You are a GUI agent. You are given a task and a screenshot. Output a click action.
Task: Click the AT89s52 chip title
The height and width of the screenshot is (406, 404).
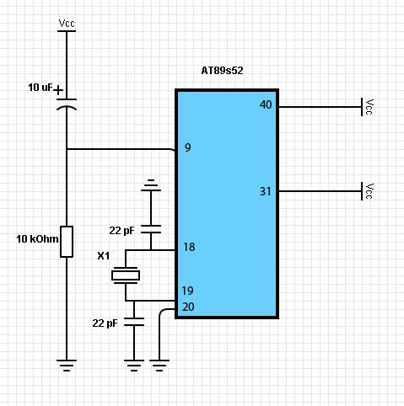click(x=222, y=70)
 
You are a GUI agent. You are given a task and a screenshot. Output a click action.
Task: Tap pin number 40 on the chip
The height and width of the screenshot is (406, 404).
click(x=266, y=104)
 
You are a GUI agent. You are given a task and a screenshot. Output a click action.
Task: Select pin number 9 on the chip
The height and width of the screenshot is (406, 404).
click(x=188, y=147)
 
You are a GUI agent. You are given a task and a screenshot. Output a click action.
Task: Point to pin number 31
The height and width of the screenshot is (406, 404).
click(x=265, y=191)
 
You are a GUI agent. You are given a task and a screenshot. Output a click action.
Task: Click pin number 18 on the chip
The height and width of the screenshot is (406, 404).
click(x=189, y=247)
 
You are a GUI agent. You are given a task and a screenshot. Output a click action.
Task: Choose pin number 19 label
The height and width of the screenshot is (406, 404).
click(x=187, y=291)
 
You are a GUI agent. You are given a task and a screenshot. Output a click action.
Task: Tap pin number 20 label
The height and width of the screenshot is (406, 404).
click(x=188, y=307)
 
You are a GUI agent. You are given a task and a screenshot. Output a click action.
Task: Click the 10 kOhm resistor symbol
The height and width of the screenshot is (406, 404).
click(x=67, y=242)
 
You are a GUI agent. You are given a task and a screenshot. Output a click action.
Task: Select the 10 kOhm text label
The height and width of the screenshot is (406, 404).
click(x=37, y=239)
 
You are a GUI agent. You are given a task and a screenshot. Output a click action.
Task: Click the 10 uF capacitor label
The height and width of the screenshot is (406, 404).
click(x=40, y=88)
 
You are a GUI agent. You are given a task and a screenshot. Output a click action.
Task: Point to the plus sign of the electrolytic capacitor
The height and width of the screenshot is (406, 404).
click(x=58, y=91)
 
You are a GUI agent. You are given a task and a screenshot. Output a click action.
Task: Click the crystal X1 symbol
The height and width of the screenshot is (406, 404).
click(x=126, y=275)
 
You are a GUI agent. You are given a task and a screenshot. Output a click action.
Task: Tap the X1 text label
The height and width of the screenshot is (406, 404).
click(x=104, y=256)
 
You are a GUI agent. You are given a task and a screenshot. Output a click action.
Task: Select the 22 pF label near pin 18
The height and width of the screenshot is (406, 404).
click(x=121, y=231)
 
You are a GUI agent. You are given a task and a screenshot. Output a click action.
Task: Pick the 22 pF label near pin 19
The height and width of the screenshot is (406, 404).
click(x=105, y=323)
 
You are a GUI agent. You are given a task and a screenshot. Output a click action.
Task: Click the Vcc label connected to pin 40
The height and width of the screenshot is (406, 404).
click(x=369, y=107)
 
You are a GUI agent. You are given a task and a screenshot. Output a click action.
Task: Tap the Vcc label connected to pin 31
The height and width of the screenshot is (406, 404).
click(x=369, y=191)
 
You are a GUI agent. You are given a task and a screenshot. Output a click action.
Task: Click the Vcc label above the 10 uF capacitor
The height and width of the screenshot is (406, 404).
click(x=67, y=24)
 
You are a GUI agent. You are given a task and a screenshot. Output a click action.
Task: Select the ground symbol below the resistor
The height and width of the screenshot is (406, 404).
click(x=67, y=366)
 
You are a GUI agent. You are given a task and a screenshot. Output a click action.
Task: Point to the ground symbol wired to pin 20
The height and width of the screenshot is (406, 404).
click(x=159, y=366)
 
